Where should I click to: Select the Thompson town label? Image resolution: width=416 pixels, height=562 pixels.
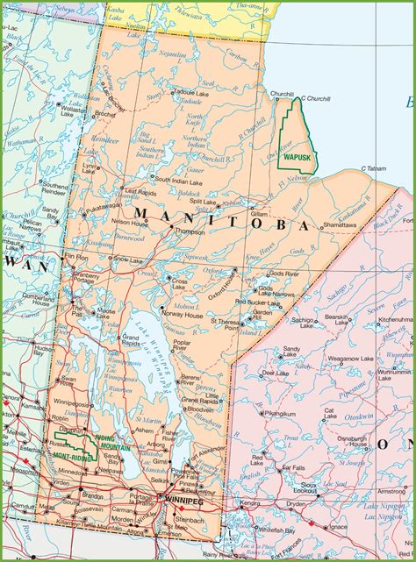tap(189, 231)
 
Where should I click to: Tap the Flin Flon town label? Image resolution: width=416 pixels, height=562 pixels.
tap(76, 258)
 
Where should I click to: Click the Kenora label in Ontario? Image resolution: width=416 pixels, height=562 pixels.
tap(250, 504)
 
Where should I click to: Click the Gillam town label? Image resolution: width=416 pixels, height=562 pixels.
tap(258, 213)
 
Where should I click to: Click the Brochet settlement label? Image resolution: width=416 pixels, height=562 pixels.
tap(104, 114)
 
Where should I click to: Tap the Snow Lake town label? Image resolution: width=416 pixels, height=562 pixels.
tap(127, 260)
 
